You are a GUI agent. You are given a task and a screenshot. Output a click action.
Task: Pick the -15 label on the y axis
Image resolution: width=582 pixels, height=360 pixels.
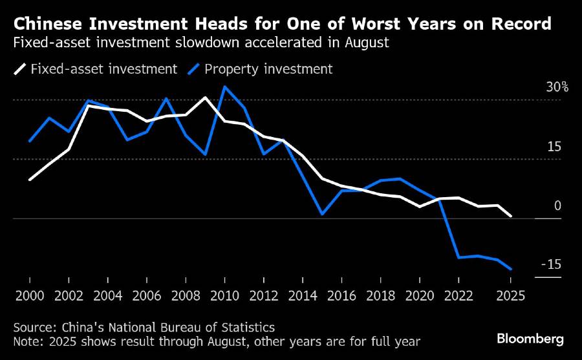550,265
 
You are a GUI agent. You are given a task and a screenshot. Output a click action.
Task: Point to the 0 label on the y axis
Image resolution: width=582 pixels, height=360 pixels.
557,206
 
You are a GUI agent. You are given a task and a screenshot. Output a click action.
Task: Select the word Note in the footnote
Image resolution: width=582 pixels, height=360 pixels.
26,340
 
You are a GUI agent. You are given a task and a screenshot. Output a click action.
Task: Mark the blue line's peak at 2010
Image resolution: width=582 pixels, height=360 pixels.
224,87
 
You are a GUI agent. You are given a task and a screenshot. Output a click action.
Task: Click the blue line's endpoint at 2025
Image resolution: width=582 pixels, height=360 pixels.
510,269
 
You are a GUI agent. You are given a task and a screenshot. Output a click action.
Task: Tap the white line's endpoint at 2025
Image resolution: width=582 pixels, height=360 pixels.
510,216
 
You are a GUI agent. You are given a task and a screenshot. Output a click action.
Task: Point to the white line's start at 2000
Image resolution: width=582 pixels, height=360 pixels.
30,179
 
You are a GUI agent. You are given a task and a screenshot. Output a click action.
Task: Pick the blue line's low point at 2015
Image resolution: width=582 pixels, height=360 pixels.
322,214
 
